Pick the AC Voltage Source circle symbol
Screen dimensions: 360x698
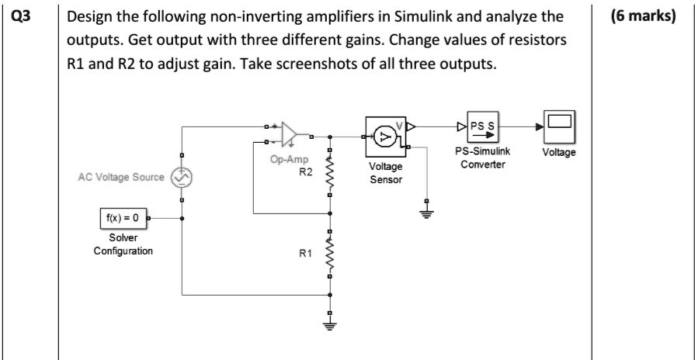(x=182, y=178)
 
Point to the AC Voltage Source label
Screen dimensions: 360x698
(x=120, y=178)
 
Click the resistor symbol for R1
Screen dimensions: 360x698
(x=331, y=252)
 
